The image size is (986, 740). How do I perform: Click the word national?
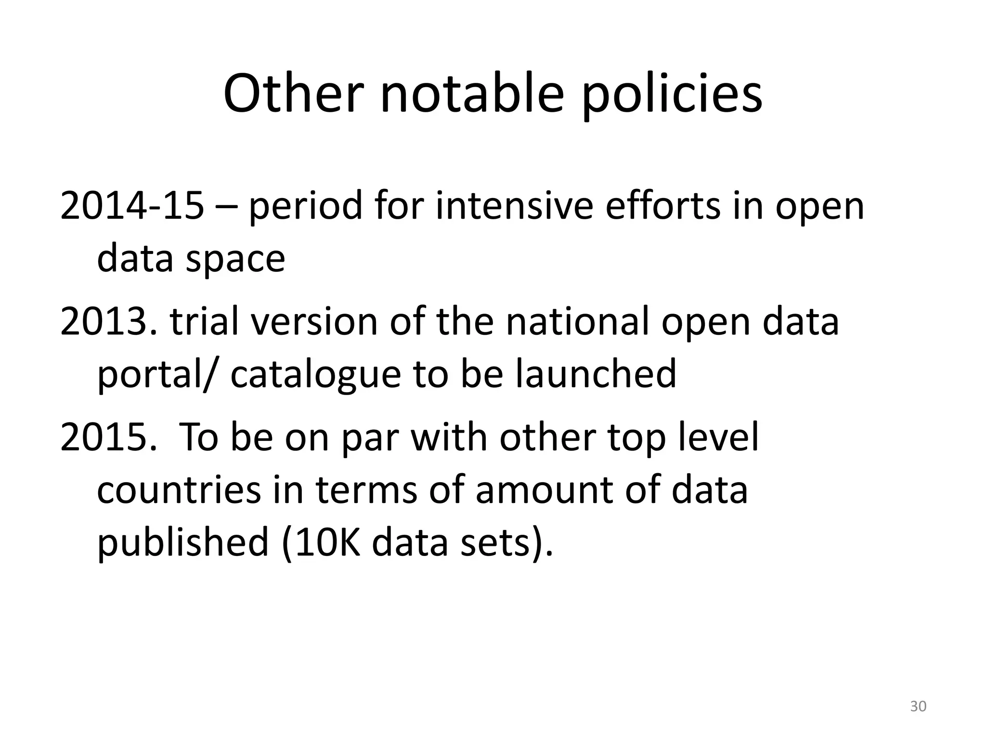point(576,322)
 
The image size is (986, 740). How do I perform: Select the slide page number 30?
point(918,707)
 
